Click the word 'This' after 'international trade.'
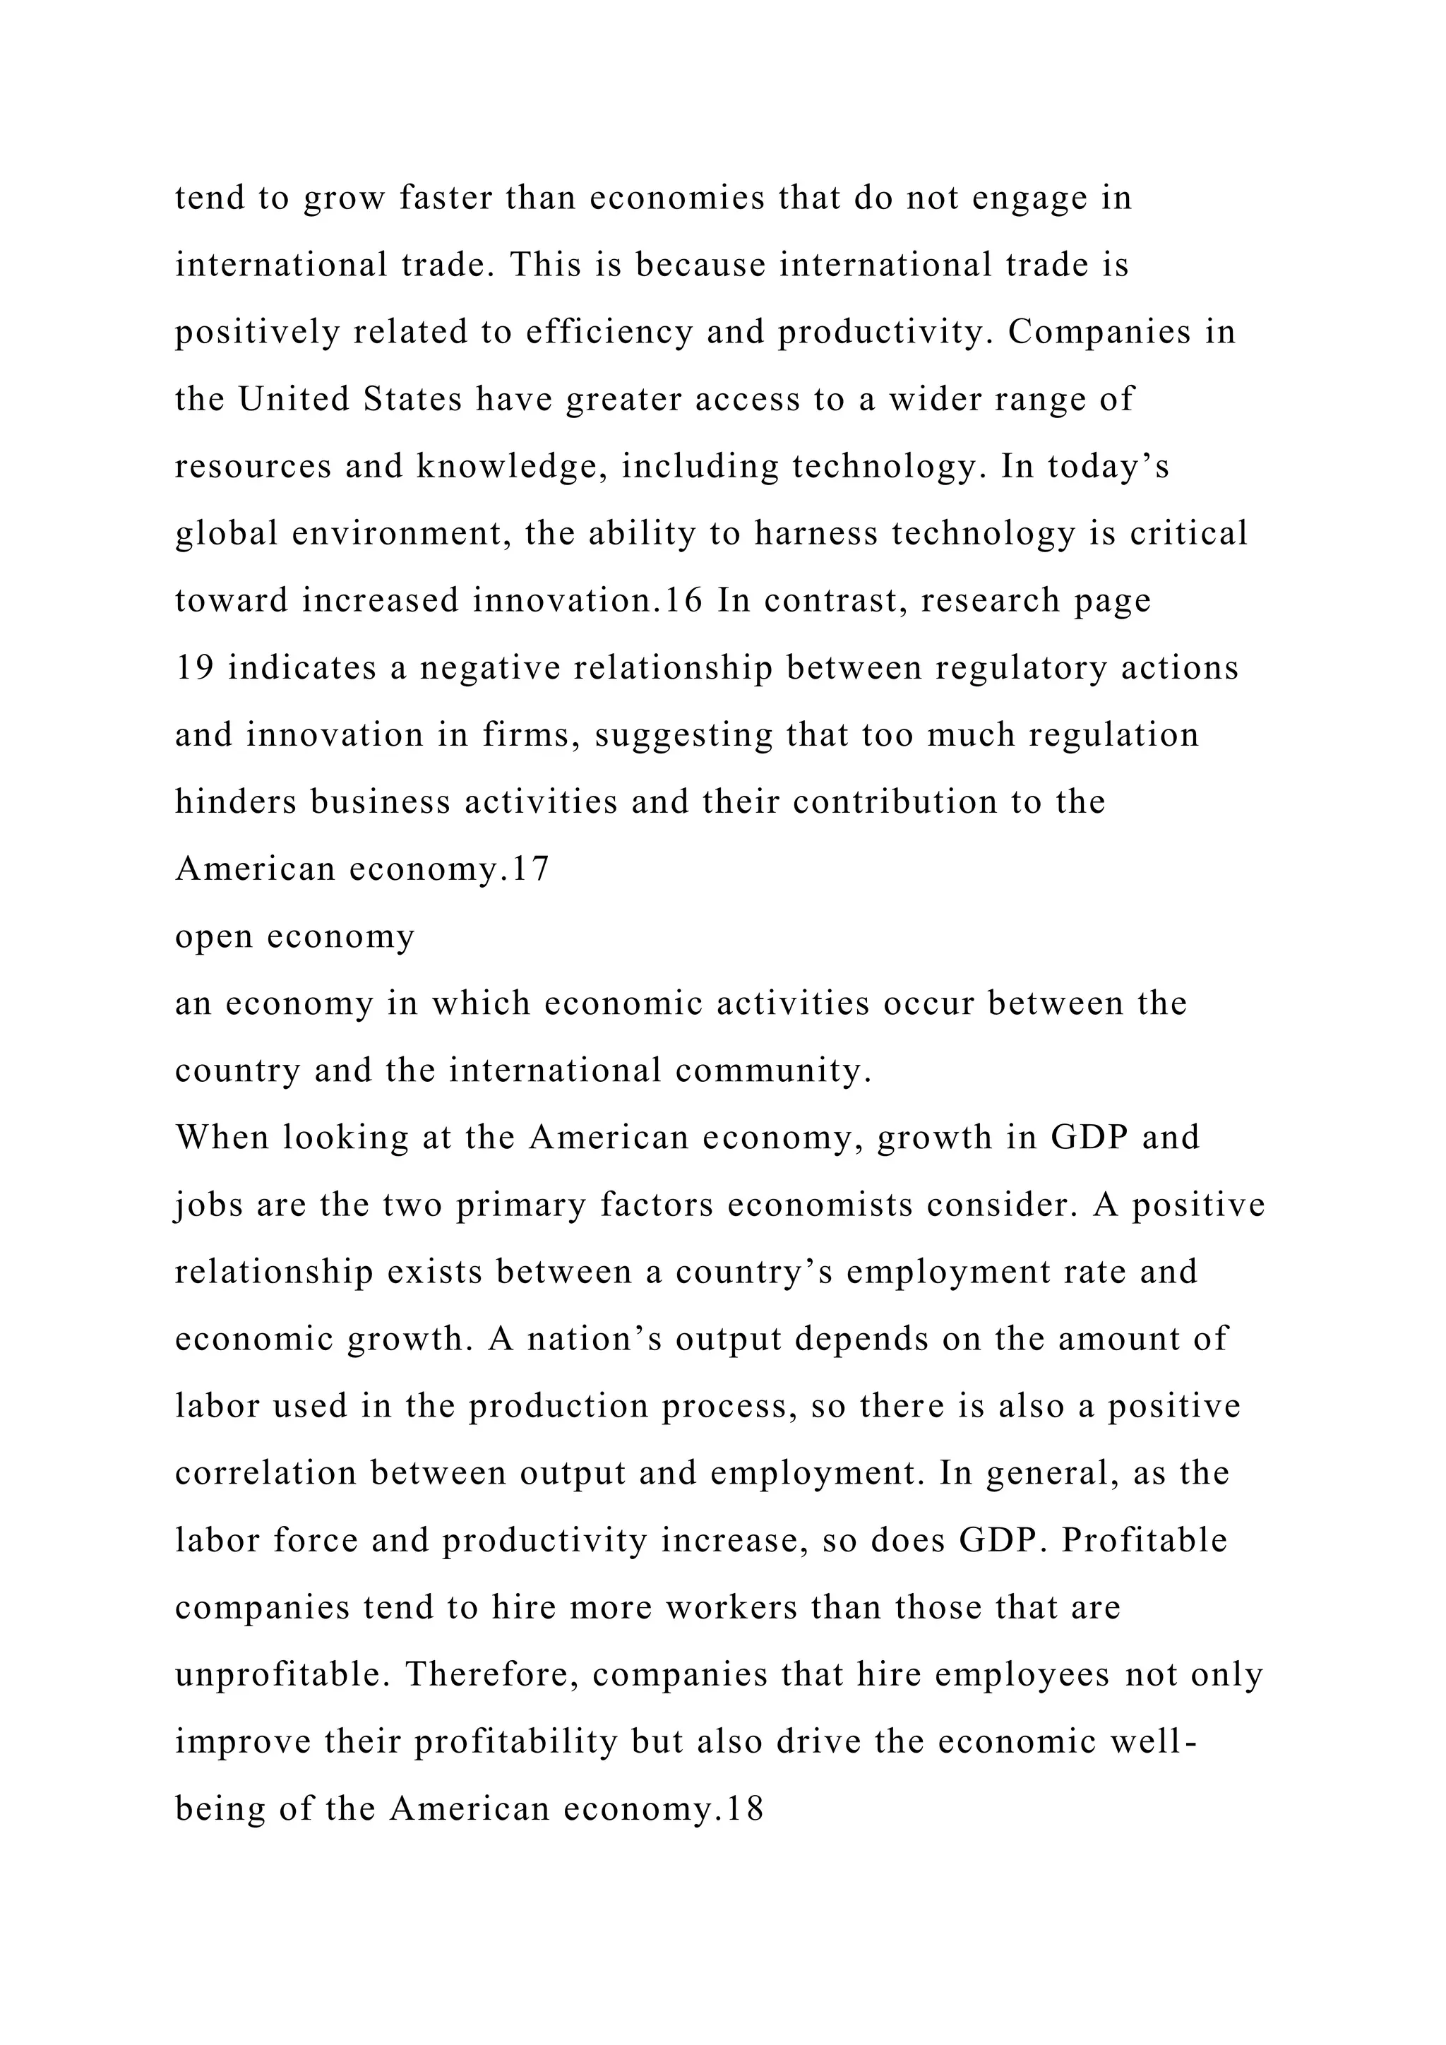[x=545, y=265]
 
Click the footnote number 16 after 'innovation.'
[x=684, y=600]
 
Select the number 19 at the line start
[x=194, y=668]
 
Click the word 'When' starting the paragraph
[x=222, y=1138]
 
